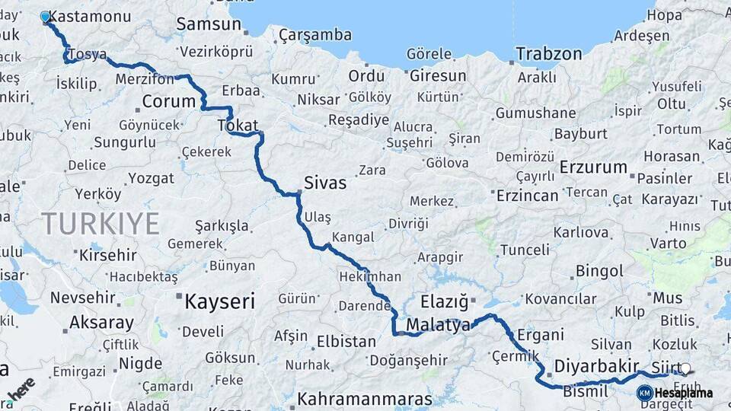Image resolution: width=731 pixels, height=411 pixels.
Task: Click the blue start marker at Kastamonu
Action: pos(45,17)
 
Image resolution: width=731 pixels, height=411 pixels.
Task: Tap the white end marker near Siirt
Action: pos(685,369)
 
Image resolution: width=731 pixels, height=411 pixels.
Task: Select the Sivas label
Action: pos(325,183)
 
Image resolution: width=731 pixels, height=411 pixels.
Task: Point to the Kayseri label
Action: pos(219,301)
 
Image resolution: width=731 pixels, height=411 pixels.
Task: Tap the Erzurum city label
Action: pos(593,167)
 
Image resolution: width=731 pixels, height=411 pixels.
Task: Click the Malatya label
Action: pos(439,325)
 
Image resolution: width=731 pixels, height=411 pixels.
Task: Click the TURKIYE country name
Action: pos(101,224)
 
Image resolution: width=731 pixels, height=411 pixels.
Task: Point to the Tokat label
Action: pos(238,126)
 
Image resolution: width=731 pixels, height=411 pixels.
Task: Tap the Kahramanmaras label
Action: pos(365,398)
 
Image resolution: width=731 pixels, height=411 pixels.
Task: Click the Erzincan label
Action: pos(528,195)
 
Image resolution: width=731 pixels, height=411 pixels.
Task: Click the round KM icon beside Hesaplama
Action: pos(645,393)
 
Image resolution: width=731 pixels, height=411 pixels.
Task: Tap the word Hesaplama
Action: pos(683,393)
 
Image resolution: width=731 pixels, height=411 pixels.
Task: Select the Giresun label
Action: pos(438,76)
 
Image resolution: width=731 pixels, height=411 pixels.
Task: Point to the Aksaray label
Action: pos(101,323)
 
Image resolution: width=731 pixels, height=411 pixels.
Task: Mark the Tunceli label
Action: pos(525,250)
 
